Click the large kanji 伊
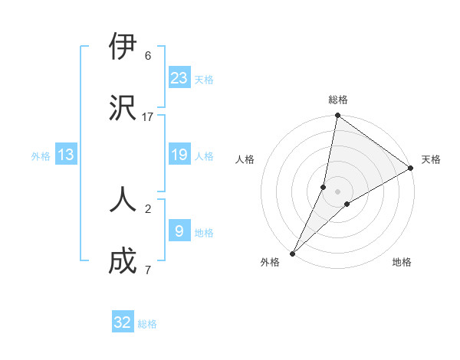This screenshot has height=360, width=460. click(x=123, y=47)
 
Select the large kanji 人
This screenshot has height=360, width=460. click(x=123, y=198)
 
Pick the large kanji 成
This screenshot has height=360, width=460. click(x=123, y=260)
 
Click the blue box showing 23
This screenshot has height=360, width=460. click(x=179, y=77)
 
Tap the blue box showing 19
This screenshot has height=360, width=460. click(x=179, y=155)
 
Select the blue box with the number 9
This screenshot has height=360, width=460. click(x=179, y=230)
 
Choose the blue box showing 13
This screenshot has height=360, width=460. click(x=66, y=155)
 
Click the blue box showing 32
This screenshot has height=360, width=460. click(x=123, y=322)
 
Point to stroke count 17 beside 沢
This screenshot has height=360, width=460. click(x=148, y=116)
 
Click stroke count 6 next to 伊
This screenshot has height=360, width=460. click(x=148, y=55)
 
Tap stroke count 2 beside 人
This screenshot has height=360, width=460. click(x=148, y=207)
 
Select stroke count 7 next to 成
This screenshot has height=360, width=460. click(x=148, y=269)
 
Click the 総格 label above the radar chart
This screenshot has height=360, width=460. click(x=338, y=100)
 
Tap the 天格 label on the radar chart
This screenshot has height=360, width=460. click(x=431, y=159)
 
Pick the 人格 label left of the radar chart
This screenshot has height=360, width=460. click(x=245, y=159)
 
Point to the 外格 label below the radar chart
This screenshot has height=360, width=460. click(x=270, y=263)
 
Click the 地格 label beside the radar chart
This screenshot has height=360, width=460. click(x=402, y=263)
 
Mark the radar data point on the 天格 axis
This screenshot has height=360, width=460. click(x=411, y=169)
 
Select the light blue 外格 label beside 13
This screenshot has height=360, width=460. click(x=41, y=156)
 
